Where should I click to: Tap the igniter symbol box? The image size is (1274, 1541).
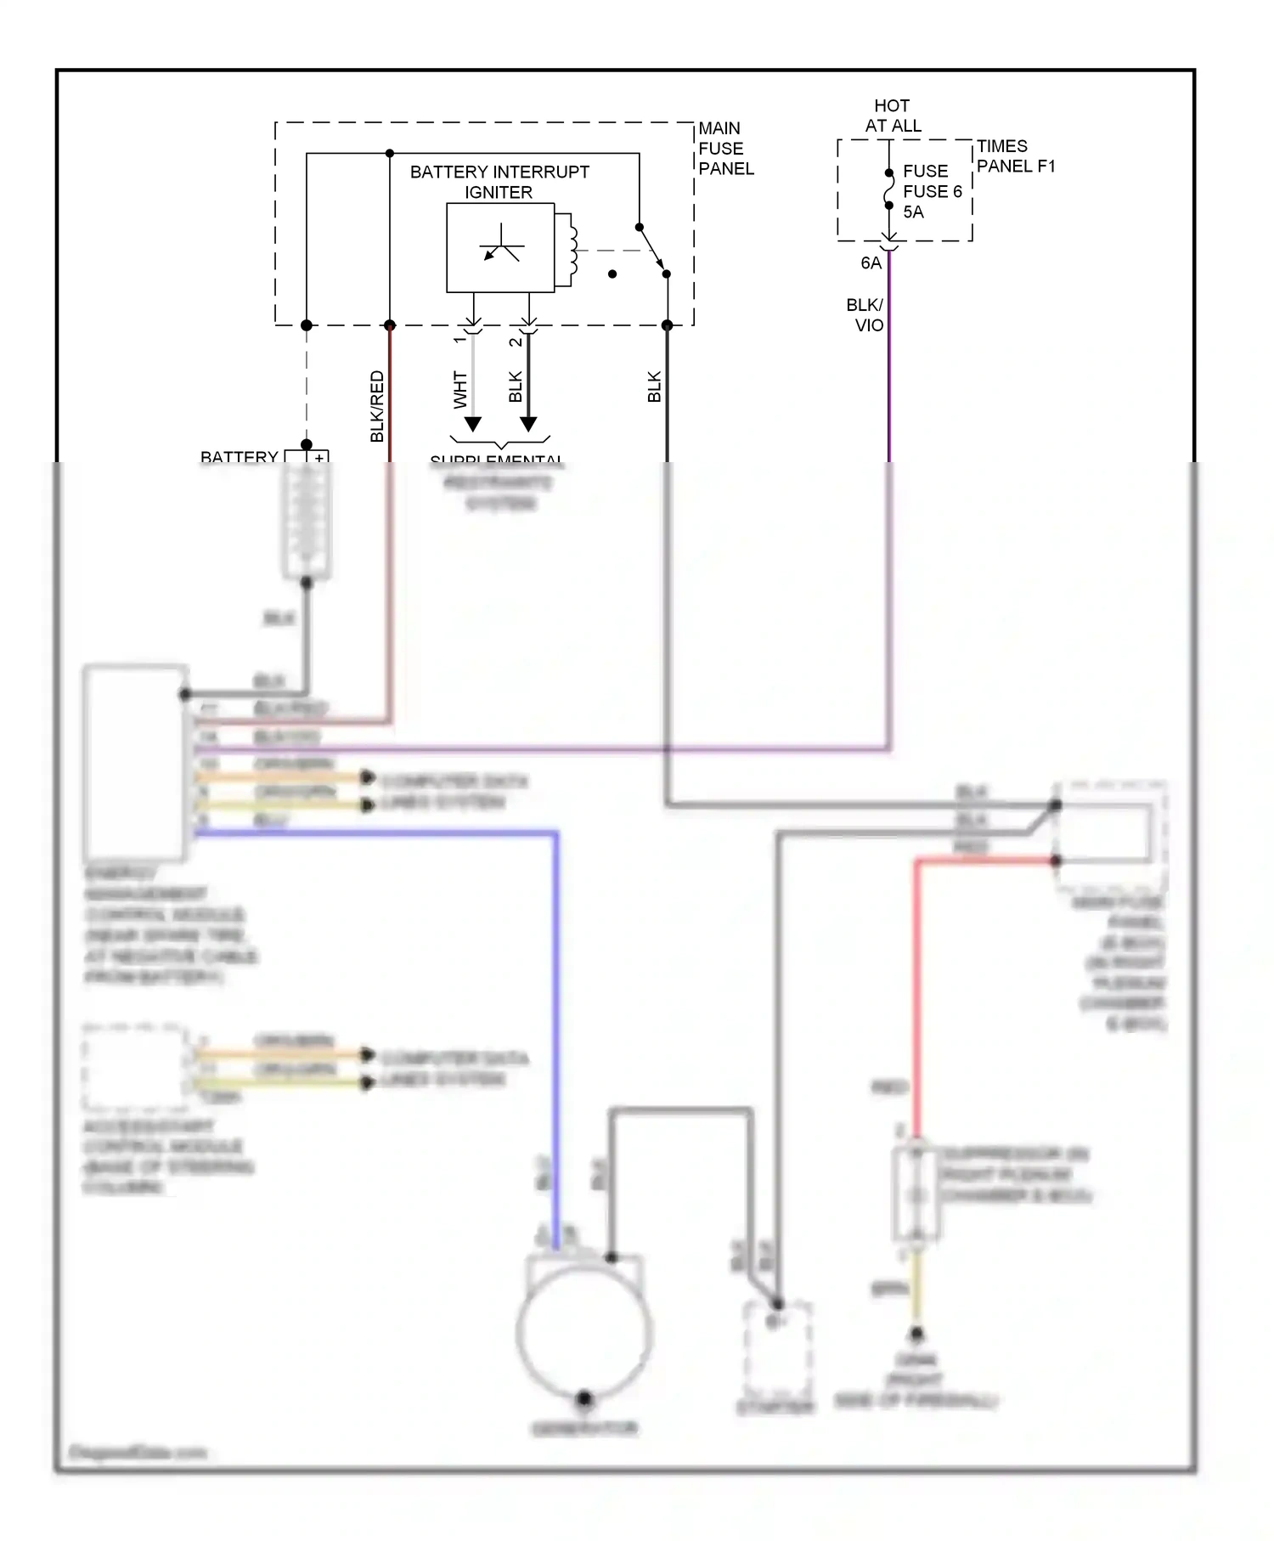click(500, 247)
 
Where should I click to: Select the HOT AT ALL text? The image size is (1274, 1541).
click(893, 116)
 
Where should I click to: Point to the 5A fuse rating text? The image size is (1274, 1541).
click(913, 212)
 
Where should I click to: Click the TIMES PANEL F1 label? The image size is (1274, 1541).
click(1015, 156)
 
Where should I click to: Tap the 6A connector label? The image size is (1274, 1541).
click(871, 263)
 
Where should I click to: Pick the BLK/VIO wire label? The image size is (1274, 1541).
click(865, 315)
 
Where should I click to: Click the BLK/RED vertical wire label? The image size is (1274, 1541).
click(377, 406)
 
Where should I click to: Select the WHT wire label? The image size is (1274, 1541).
click(460, 389)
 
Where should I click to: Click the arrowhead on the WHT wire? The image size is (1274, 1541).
click(473, 424)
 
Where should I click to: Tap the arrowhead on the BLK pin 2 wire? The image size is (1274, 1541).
click(528, 424)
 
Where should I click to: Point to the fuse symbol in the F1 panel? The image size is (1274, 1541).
click(889, 189)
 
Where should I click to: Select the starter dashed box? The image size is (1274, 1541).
click(777, 1351)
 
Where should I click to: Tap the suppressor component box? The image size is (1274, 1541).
click(916, 1194)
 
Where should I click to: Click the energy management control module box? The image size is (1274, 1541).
click(135, 762)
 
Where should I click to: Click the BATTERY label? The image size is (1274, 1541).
click(239, 456)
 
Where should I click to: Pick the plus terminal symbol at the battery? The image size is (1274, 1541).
click(319, 457)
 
